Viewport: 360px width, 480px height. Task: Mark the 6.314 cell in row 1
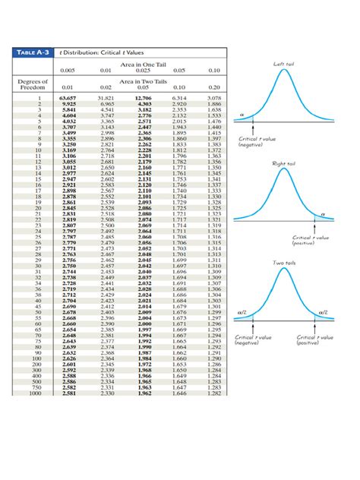click(179, 98)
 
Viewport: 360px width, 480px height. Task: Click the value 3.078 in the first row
click(214, 98)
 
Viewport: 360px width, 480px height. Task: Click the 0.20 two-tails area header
click(214, 87)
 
